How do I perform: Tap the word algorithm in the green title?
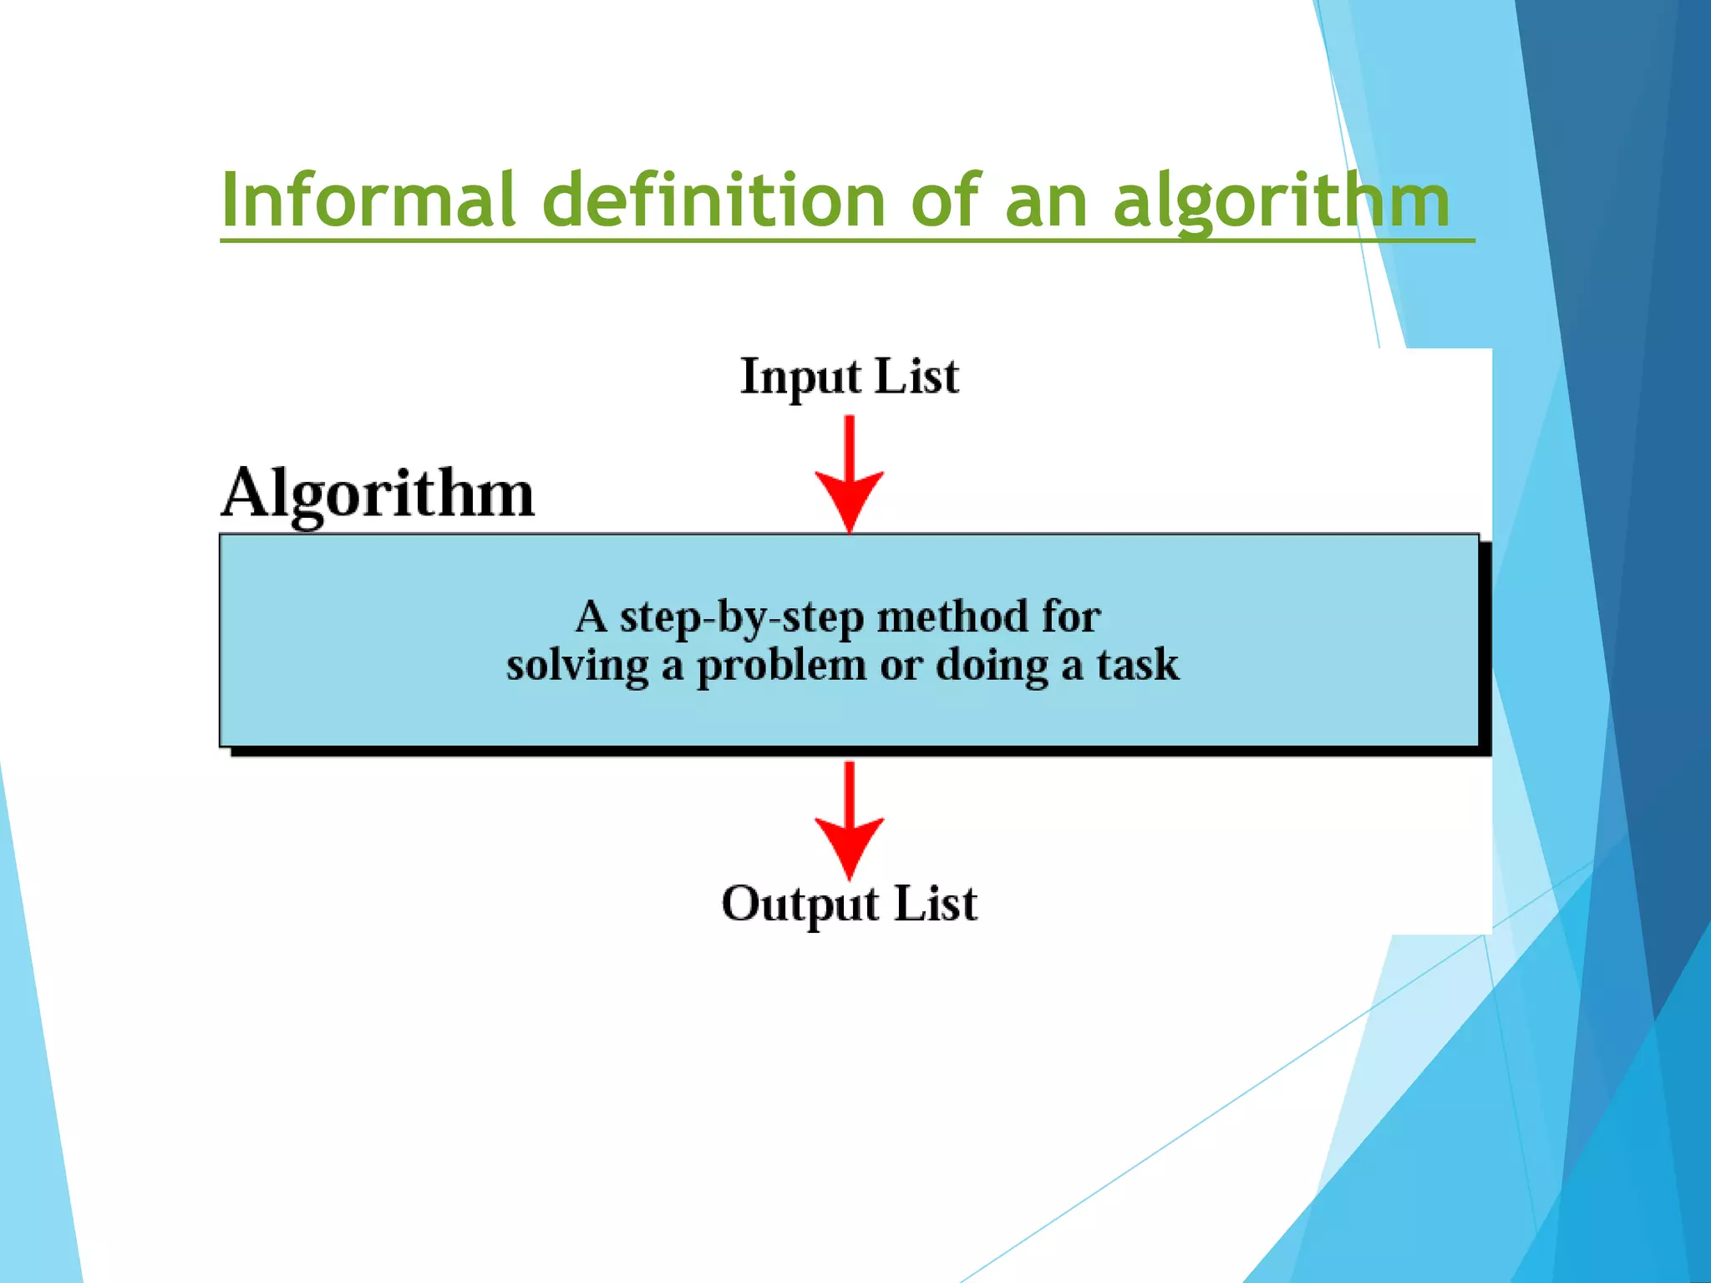pos(1282,202)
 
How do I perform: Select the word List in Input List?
pos(916,376)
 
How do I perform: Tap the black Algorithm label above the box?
pos(378,495)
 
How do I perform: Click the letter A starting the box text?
pos(591,617)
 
